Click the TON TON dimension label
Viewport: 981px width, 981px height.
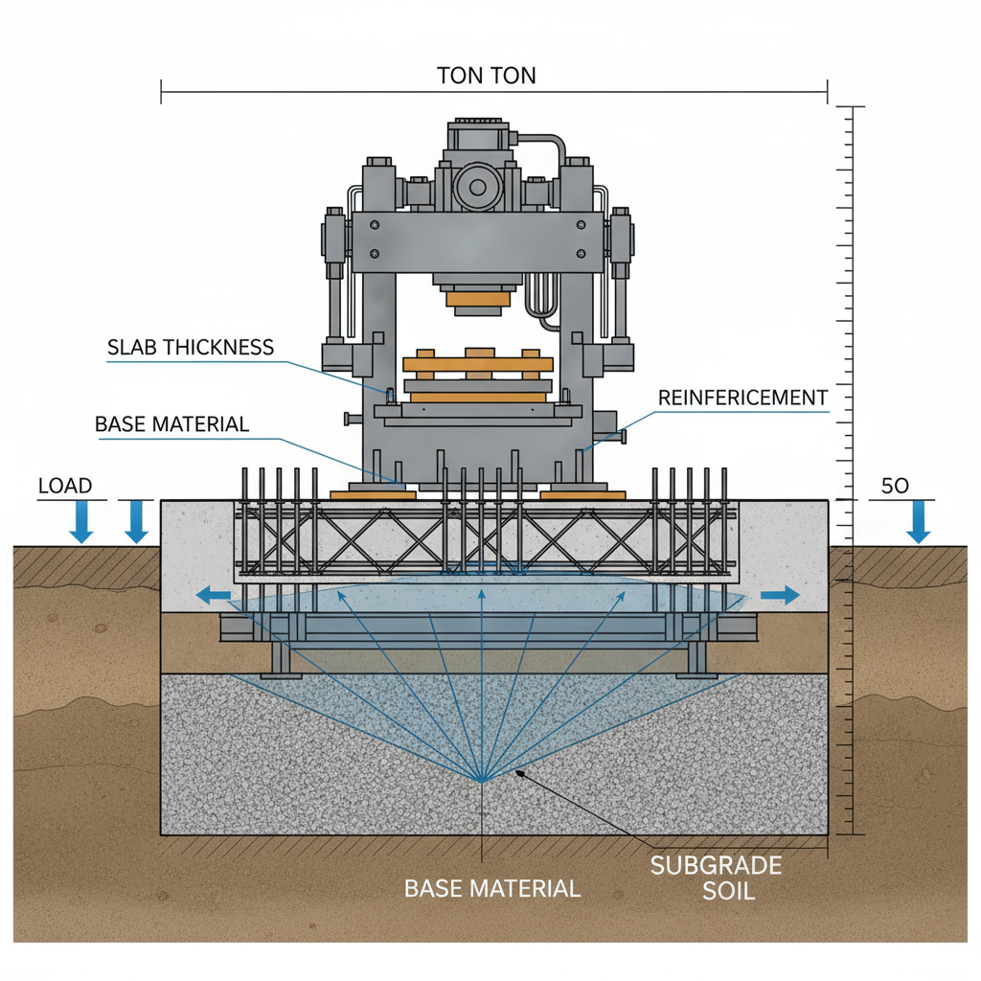tap(486, 76)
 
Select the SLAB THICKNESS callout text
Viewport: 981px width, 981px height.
tap(192, 347)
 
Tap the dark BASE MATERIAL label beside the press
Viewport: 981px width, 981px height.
tap(172, 423)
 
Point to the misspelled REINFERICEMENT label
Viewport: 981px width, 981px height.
tap(743, 397)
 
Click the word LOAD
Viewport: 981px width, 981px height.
tap(65, 486)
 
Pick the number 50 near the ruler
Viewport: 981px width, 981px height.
tap(894, 486)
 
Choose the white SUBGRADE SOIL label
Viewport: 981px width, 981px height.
tap(716, 878)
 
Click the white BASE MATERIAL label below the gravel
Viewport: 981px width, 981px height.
tap(492, 888)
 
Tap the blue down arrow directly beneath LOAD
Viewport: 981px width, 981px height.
tap(81, 522)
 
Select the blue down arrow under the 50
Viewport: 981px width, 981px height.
tap(918, 522)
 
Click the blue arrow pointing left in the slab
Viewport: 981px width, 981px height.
tap(214, 596)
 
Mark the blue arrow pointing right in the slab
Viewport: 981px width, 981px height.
tap(780, 596)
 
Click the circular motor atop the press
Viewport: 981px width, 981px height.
tap(477, 186)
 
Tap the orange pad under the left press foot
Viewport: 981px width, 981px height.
tap(373, 494)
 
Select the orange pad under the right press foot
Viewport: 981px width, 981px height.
tap(582, 494)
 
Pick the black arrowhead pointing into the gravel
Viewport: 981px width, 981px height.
tap(518, 772)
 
